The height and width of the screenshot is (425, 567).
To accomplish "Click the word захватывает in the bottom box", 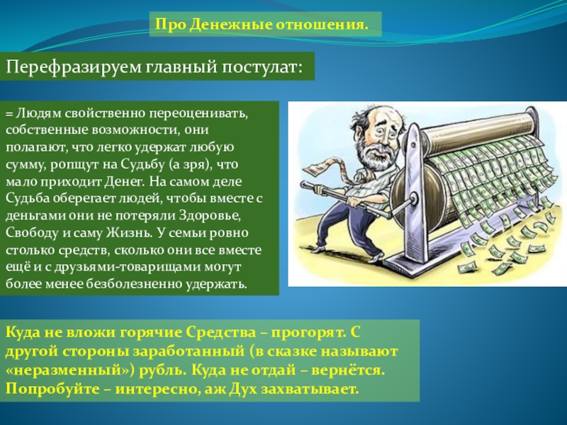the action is pyautogui.click(x=315, y=389).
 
